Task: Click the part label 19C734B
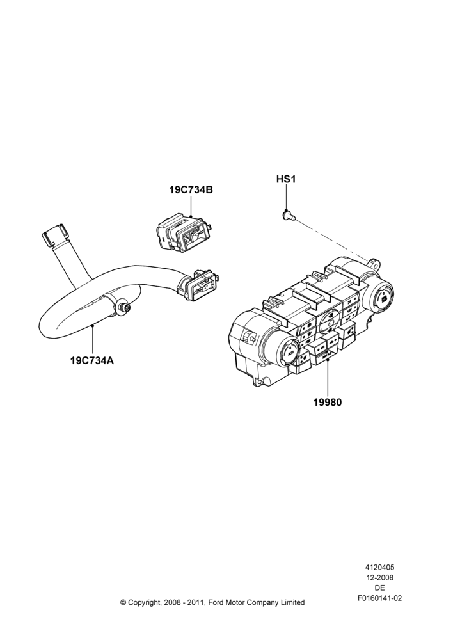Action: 191,190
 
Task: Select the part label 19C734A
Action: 92,361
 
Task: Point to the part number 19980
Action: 328,402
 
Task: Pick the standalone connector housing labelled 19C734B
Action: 183,232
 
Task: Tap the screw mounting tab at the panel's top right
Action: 374,263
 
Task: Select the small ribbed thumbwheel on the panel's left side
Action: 248,337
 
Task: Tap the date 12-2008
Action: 379,577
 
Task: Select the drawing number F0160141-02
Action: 380,598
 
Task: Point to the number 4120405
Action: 379,567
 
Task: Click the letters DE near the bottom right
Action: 379,588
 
